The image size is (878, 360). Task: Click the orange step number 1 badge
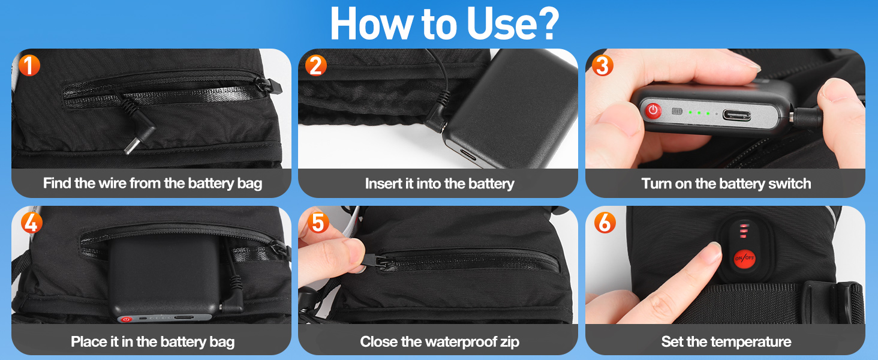coord(29,65)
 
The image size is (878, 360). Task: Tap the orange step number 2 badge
coord(316,65)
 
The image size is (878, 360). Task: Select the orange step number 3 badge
coord(603,65)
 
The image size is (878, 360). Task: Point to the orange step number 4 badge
coord(32,223)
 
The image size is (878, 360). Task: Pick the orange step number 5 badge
coord(318,223)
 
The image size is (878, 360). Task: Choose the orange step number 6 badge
coord(605,223)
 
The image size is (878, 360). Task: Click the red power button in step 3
coord(653,110)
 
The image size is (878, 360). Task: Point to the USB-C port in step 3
coord(737,115)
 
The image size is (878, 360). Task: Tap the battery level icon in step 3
coord(677,112)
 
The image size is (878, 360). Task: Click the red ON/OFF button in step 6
coord(744,259)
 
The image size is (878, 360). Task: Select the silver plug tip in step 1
coord(132,145)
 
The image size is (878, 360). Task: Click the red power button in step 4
coord(126,319)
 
